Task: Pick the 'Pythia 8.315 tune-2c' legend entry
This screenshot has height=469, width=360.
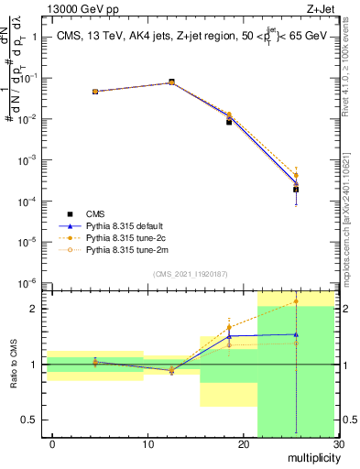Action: (x=127, y=236)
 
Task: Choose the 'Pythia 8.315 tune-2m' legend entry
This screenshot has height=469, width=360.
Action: (x=128, y=248)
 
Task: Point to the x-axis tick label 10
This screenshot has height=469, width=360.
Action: (x=147, y=444)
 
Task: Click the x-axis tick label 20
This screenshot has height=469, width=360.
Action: (x=243, y=444)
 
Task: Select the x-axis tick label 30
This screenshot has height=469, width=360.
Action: (x=338, y=444)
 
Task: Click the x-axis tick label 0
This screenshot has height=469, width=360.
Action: (x=52, y=444)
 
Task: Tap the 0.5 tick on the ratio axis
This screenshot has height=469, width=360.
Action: (x=30, y=420)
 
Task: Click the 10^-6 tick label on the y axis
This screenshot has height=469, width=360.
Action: (x=28, y=283)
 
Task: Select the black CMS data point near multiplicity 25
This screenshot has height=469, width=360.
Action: (x=296, y=190)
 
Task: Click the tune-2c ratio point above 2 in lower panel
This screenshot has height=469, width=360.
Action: (x=296, y=301)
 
